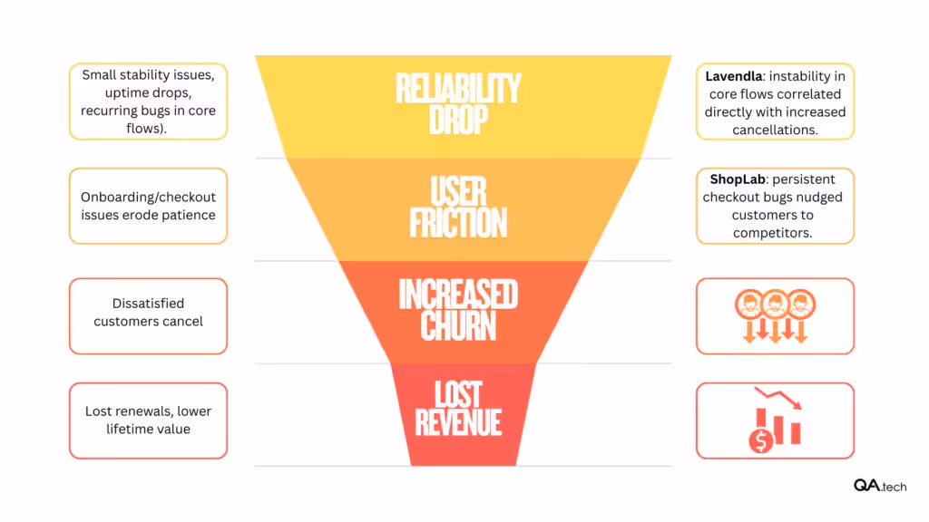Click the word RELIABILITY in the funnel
458,89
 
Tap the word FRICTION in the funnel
458,223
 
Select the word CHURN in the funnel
458,326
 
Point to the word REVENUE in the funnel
458,422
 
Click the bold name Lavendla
735,76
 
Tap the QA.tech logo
879,486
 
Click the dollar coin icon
760,441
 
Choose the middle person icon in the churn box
775,303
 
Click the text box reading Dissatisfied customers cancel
148,313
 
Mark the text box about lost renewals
148,420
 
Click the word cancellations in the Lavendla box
775,130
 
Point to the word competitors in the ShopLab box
775,233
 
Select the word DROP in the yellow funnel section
458,120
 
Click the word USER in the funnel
458,192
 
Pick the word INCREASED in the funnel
458,295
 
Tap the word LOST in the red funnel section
458,393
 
